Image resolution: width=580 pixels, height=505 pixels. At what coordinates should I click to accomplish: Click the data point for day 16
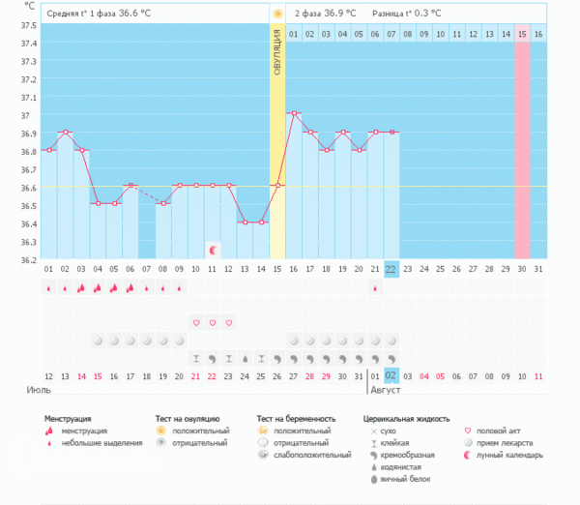point(294,113)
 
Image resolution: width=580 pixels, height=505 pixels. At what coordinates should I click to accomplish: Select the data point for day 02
point(65,132)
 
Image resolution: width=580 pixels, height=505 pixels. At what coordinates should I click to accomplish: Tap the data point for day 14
point(261,223)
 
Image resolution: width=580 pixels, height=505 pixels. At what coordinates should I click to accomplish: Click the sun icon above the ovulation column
point(277,15)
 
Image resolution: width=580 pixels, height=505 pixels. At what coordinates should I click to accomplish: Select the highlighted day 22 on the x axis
point(391,269)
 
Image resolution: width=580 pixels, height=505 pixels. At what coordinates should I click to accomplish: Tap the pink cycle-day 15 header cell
point(522,34)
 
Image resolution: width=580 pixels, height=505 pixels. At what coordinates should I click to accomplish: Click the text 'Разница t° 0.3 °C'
point(409,14)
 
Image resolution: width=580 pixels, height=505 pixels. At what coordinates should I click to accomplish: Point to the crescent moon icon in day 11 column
point(213,250)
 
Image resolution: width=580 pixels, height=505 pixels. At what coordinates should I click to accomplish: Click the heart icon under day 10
point(195,322)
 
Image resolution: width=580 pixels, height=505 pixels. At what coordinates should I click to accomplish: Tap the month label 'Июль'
point(40,391)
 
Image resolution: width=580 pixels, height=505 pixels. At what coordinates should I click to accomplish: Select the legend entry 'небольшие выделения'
point(96,443)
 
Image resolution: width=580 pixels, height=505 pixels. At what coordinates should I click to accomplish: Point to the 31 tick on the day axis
point(538,269)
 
